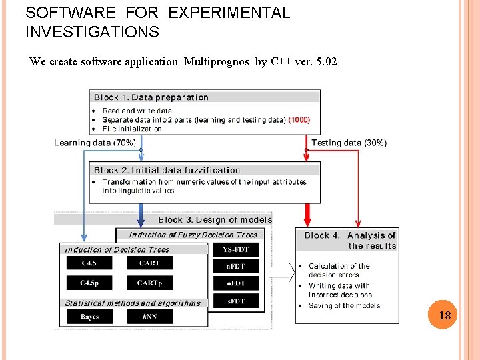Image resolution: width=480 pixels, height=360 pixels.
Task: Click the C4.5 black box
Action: (x=89, y=263)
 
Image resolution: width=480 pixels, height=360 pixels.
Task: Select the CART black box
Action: (x=149, y=263)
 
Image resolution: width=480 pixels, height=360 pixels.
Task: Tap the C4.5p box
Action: (x=89, y=283)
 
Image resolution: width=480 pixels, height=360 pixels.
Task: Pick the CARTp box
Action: (x=149, y=283)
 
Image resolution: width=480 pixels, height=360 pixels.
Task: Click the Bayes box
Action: (x=89, y=317)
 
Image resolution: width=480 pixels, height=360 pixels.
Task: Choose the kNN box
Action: (x=149, y=317)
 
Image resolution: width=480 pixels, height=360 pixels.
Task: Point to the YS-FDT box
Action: (x=236, y=250)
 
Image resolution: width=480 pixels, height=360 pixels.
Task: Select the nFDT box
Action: (x=236, y=266)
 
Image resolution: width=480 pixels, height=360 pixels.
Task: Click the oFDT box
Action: (x=236, y=283)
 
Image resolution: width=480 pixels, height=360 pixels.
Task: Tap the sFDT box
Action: (x=236, y=301)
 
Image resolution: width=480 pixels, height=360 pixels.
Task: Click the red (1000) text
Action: (x=299, y=120)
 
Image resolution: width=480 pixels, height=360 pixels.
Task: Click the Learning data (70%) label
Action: (x=95, y=143)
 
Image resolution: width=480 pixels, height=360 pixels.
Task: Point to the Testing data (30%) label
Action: (x=349, y=143)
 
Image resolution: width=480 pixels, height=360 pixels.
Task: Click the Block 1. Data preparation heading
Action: (x=151, y=97)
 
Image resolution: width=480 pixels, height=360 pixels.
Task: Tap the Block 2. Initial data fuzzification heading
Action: (x=167, y=170)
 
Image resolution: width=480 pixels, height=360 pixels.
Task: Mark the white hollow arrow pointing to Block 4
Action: (x=282, y=271)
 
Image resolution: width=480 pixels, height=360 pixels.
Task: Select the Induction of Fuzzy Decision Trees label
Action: (x=193, y=235)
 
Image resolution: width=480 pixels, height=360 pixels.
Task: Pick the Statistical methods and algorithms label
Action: (x=133, y=303)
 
